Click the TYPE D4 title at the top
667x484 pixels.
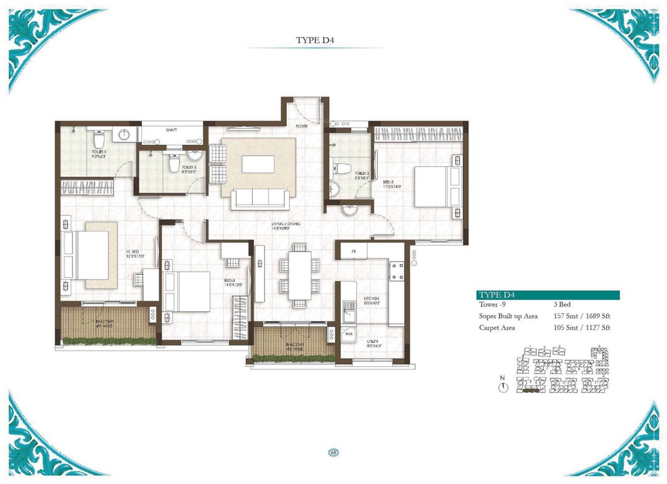coord(314,40)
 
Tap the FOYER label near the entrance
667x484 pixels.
coord(303,126)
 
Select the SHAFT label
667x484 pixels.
coord(171,130)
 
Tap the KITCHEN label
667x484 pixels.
coord(371,300)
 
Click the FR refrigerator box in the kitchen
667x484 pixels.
coord(354,250)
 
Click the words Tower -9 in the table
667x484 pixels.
coord(494,305)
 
